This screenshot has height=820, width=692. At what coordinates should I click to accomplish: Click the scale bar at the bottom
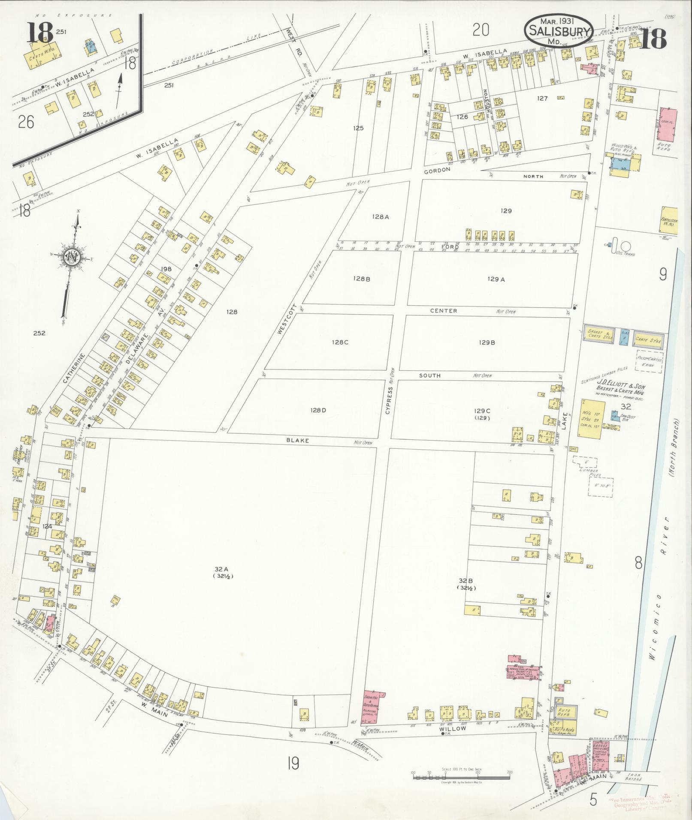(461, 776)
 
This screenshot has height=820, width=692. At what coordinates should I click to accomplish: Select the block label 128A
(380, 217)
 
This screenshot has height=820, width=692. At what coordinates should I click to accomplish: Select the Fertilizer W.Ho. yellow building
(668, 220)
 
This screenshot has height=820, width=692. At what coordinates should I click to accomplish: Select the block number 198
(166, 269)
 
